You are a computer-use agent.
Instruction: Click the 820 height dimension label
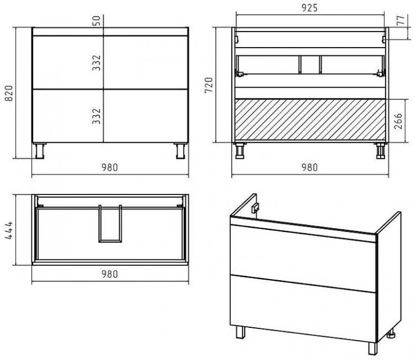9,93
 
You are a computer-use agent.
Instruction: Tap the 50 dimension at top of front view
97,20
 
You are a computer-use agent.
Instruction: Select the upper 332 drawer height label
97,63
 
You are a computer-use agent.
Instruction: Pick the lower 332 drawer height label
97,116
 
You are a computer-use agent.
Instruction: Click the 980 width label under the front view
110,167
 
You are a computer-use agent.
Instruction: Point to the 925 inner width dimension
309,8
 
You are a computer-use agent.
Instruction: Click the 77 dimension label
401,20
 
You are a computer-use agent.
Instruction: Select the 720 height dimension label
209,85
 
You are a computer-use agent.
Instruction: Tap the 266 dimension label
398,121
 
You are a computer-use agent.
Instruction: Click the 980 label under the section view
309,167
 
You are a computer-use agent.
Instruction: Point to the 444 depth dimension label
9,230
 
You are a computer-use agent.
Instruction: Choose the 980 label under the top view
110,274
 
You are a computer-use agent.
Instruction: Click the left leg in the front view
40,151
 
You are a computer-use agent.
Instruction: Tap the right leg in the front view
181,151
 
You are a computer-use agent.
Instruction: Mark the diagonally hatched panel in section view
310,120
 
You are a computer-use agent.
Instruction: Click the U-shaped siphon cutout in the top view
110,241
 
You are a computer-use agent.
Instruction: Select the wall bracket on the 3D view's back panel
255,208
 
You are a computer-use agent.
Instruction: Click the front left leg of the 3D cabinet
241,332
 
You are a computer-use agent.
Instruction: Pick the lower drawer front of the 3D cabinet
303,308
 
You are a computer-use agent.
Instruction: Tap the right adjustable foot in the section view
380,151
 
